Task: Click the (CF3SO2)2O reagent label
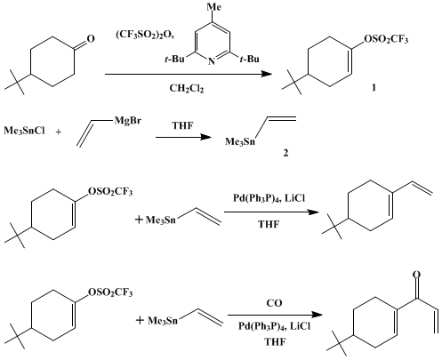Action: coord(145,36)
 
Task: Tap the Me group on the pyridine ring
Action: coord(213,6)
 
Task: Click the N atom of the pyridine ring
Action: coord(211,61)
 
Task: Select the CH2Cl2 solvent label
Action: coord(187,88)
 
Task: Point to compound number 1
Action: coord(374,88)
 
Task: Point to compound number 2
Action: coord(285,153)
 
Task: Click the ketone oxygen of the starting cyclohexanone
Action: coord(91,38)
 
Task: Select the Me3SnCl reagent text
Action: coord(24,131)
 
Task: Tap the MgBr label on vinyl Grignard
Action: coord(128,121)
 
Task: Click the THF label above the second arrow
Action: coord(182,126)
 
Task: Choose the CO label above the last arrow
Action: coord(274,303)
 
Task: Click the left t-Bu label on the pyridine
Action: coord(174,60)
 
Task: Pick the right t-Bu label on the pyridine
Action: coord(249,60)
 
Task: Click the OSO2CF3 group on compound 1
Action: coord(386,39)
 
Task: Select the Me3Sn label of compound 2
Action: coord(240,141)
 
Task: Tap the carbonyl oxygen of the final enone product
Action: coord(416,275)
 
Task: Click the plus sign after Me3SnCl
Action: coord(59,132)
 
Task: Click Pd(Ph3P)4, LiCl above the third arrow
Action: coord(269,198)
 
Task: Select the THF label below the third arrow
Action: coord(269,224)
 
